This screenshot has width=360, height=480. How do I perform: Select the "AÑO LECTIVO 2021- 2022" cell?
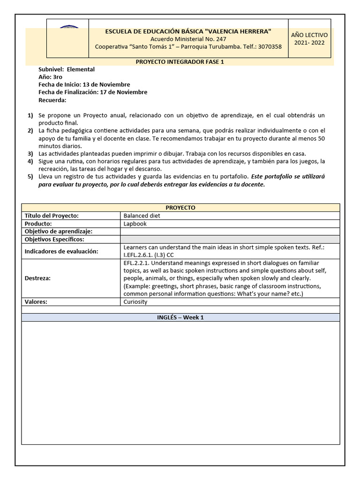309,39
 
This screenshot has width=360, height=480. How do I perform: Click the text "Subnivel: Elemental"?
67,69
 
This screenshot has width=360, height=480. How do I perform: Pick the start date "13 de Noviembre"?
106,84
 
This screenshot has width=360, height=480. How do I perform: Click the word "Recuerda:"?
52,99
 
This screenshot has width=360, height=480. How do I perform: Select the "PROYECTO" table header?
180,208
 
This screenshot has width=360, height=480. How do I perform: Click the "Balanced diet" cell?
142,216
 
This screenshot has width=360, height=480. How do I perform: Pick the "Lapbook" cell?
135,224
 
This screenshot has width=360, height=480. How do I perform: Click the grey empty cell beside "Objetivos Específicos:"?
230,240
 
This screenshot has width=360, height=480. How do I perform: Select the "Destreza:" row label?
37,278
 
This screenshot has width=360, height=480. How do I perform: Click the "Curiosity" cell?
135,302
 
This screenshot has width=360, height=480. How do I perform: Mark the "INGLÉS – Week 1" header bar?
180,317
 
